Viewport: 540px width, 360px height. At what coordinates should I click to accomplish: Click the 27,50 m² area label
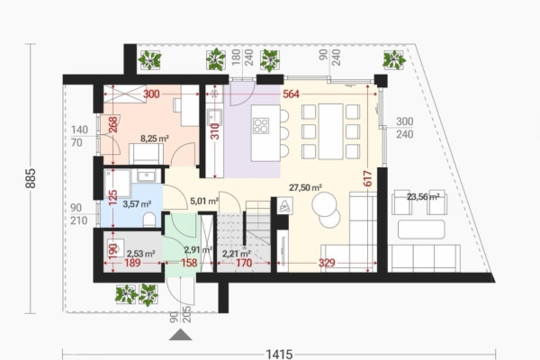305,187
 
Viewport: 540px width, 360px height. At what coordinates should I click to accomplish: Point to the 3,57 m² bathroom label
136,204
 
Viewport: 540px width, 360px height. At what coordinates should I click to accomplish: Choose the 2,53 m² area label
139,254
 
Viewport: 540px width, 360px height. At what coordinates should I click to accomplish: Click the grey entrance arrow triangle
183,336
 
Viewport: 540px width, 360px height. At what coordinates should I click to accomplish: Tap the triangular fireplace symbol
285,206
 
